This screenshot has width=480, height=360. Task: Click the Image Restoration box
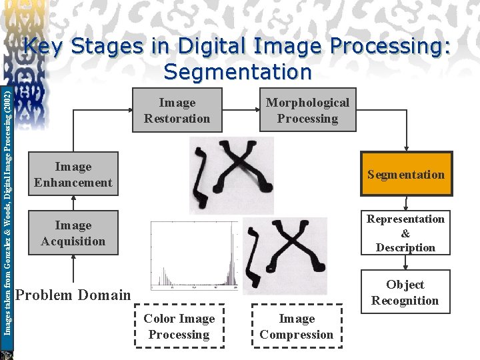pyautogui.click(x=177, y=110)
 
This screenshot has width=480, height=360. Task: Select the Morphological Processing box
pyautogui.click(x=307, y=110)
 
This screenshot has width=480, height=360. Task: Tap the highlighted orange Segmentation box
pyautogui.click(x=405, y=174)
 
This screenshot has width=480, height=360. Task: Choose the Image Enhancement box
pyautogui.click(x=73, y=174)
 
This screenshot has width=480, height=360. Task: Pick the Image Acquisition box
pyautogui.click(x=73, y=233)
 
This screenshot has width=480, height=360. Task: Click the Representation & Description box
pyautogui.click(x=405, y=233)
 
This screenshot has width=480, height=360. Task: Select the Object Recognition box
pyautogui.click(x=405, y=292)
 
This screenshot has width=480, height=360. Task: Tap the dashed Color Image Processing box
pyautogui.click(x=179, y=326)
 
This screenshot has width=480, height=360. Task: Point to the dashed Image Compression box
pyautogui.click(x=297, y=326)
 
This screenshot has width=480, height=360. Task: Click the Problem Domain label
pyautogui.click(x=73, y=295)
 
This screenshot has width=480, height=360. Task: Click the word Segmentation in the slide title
pyautogui.click(x=237, y=71)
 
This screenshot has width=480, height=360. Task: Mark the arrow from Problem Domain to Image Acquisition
pyautogui.click(x=73, y=270)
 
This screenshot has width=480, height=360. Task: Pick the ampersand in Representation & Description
pyautogui.click(x=405, y=233)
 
